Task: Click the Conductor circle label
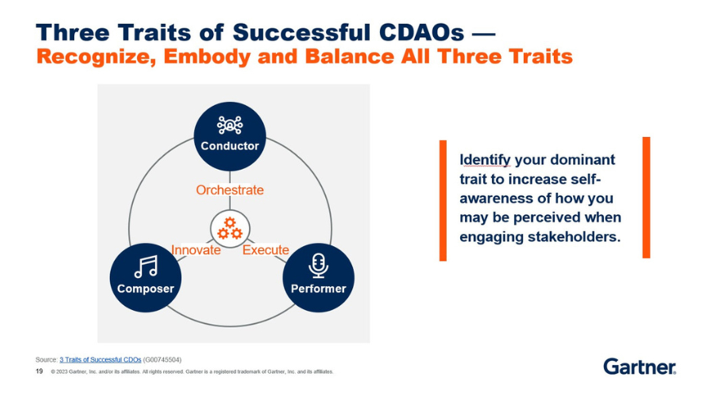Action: tap(230, 146)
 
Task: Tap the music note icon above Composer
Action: tap(146, 266)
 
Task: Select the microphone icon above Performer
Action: tap(318, 266)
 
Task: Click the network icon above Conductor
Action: tap(230, 125)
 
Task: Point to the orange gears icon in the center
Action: tap(230, 228)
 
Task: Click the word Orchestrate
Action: tap(230, 190)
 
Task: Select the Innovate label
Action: tap(196, 250)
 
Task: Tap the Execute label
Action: tap(266, 250)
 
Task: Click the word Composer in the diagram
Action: tap(146, 289)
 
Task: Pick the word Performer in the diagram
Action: tap(318, 288)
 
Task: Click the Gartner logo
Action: tap(640, 367)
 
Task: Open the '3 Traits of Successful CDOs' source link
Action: tap(100, 360)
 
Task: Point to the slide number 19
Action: tap(39, 371)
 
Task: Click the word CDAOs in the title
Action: tap(421, 33)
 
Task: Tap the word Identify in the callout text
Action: tap(485, 160)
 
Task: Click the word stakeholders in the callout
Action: tap(574, 237)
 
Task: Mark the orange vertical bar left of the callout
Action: tap(443, 200)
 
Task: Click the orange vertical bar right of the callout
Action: tap(646, 198)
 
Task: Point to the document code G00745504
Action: tap(162, 360)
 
